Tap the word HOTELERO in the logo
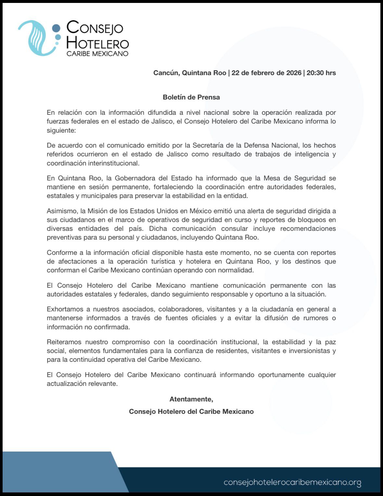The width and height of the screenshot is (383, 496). (x=97, y=43)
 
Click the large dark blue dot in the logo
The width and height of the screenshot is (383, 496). (x=57, y=29)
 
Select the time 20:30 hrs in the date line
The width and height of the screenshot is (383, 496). (x=321, y=73)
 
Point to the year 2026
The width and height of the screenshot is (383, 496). (x=294, y=73)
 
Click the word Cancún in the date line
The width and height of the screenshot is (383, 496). (x=166, y=73)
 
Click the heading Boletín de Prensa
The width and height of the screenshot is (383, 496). (x=191, y=97)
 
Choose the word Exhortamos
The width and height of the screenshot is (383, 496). (x=65, y=309)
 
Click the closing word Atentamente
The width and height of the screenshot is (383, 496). (x=191, y=399)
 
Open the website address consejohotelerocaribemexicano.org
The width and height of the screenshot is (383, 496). (x=292, y=482)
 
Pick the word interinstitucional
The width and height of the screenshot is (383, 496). (x=93, y=163)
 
